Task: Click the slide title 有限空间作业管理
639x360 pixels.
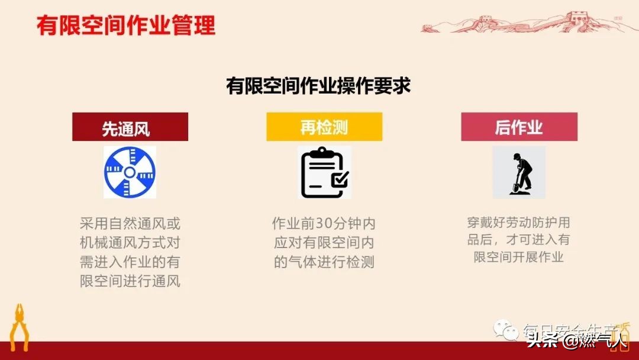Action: click(x=125, y=25)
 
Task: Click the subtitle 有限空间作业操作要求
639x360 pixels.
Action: click(x=318, y=86)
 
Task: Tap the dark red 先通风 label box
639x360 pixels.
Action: click(x=130, y=127)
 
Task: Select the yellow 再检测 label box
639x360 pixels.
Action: click(x=324, y=127)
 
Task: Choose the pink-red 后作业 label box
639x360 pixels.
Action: click(x=519, y=127)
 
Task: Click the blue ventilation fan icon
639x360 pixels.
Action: click(x=130, y=172)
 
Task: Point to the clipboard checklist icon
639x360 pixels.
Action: click(x=324, y=173)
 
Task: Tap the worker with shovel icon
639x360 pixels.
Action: click(x=519, y=173)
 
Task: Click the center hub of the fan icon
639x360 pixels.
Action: click(x=130, y=172)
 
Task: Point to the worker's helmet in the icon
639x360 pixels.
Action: click(x=517, y=156)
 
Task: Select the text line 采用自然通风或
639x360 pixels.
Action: click(x=130, y=224)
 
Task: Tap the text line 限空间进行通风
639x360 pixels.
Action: click(x=130, y=281)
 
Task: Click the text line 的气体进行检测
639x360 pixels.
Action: click(x=324, y=262)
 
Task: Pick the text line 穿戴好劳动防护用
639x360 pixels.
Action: click(x=519, y=223)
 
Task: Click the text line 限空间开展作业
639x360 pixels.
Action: click(x=519, y=257)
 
